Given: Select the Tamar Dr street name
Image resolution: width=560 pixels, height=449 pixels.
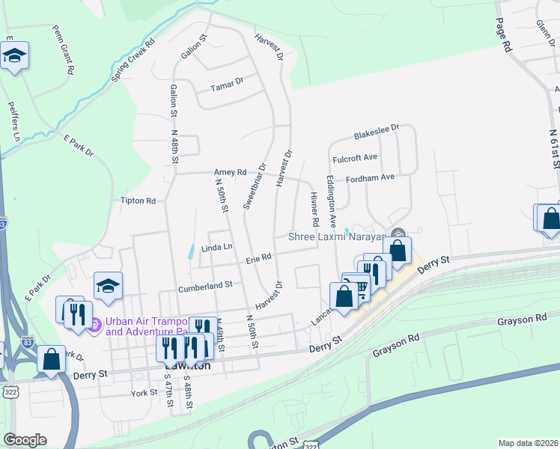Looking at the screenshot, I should click(229, 80).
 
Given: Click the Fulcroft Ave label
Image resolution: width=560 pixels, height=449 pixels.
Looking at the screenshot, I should click(355, 158).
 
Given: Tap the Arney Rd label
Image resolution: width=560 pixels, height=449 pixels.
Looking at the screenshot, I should click(230, 172).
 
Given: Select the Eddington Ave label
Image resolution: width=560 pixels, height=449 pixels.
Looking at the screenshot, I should click(331, 202).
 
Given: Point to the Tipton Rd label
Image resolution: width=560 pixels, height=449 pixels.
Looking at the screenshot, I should click(138, 201).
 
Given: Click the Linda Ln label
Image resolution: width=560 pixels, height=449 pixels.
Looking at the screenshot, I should click(217, 247).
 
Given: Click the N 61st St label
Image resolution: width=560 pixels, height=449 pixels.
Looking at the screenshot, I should click(554, 153).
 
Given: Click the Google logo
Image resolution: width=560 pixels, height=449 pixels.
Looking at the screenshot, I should click(24, 440).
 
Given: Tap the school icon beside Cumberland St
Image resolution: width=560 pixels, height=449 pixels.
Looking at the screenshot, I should click(108, 285).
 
